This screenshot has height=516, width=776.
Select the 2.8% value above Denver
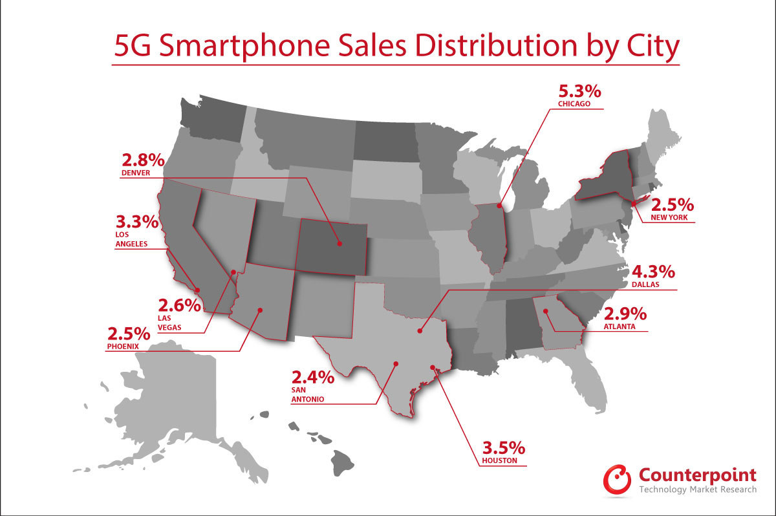[142, 162]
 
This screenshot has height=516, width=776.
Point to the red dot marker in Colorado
[338, 244]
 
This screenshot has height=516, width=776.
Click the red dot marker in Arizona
[260, 310]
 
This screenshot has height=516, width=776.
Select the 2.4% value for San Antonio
[313, 378]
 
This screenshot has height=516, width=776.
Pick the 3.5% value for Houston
[504, 449]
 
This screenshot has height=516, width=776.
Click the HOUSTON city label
[500, 462]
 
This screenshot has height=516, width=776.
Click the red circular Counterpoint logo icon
[618, 478]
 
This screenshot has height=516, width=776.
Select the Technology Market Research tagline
[698, 489]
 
